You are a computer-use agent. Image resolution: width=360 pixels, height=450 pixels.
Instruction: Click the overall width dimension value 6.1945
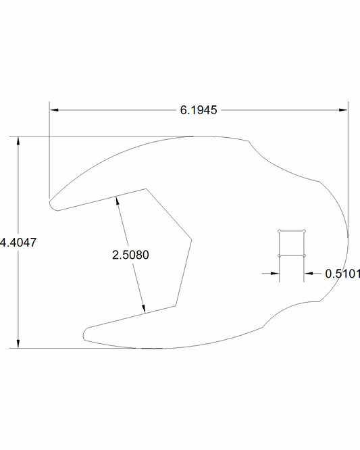click(199, 109)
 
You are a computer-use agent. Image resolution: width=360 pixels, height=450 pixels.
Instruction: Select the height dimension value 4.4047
click(15, 243)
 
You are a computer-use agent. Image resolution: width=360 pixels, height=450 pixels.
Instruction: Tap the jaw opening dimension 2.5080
click(130, 255)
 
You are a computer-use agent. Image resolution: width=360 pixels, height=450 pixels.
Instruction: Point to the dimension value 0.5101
click(342, 274)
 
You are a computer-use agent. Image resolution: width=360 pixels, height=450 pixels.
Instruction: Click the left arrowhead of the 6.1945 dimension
click(55, 109)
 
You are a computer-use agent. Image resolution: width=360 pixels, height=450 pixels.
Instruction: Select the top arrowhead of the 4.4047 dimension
click(18, 141)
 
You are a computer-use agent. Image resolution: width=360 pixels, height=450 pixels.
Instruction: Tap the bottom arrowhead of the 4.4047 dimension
click(18, 344)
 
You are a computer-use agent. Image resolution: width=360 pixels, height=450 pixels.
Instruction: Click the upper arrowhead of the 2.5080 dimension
click(118, 200)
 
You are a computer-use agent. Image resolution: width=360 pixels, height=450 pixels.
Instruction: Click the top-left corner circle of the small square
click(280, 232)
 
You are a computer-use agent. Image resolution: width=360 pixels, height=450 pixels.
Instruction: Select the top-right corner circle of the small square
click(305, 232)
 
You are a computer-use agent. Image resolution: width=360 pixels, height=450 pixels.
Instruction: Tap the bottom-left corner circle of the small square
click(280, 255)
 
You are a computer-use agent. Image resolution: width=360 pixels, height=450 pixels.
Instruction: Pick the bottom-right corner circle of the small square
click(305, 255)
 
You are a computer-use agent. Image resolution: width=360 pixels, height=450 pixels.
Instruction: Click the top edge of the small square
click(292, 232)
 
